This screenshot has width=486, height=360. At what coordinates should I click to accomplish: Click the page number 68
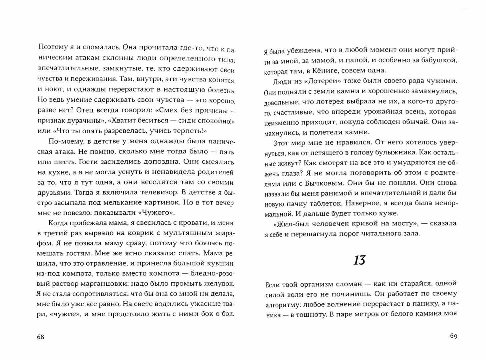tap(40, 337)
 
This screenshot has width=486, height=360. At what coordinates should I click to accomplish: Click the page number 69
tap(453, 336)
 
